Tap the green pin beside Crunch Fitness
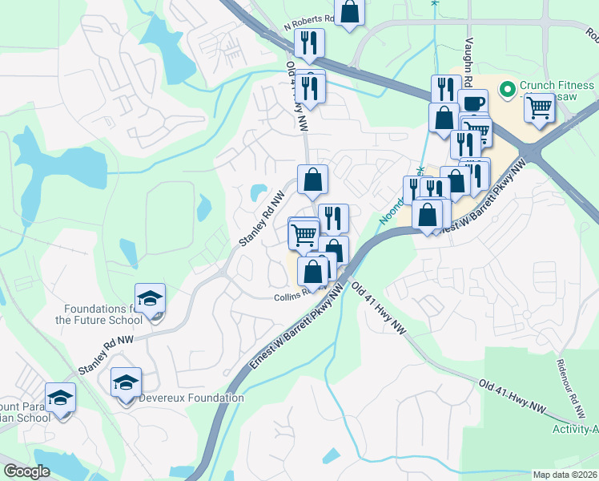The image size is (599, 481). click(x=506, y=87)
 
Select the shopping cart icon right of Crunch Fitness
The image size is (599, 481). click(x=541, y=106)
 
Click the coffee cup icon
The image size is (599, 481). click(x=472, y=103)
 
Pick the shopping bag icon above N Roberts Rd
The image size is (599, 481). click(x=350, y=11)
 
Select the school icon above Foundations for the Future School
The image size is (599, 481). click(x=149, y=299)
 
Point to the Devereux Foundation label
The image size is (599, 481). click(x=191, y=398)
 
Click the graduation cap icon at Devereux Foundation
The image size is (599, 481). click(x=126, y=383)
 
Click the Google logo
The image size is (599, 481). click(x=26, y=471)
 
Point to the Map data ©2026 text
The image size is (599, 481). click(x=565, y=475)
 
